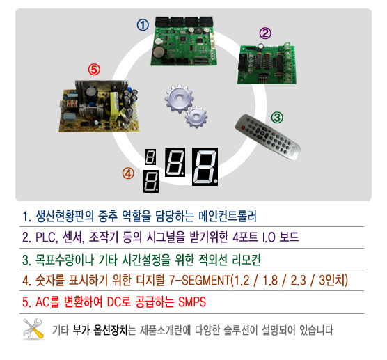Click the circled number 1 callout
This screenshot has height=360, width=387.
(143, 25)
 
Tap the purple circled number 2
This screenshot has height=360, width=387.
(265, 33)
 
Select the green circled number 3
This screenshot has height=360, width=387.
(277, 118)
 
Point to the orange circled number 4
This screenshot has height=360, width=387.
(128, 173)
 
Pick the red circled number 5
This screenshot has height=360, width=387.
(94, 70)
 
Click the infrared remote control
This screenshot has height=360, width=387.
(268, 136)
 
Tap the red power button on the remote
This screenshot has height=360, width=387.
(243, 127)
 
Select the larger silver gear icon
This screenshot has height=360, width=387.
(179, 98)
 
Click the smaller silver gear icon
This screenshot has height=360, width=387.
(196, 116)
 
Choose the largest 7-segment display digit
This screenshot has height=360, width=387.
(205, 166)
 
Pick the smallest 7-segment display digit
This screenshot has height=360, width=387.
(150, 157)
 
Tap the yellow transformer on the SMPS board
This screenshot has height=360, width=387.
(115, 106)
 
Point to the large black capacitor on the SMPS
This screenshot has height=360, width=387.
(91, 94)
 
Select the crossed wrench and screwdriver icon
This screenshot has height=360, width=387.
(33, 329)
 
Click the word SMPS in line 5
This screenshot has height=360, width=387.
(192, 302)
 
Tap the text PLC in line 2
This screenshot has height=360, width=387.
(47, 237)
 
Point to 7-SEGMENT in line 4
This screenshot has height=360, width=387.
(200, 280)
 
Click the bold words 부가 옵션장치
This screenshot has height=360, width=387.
(100, 330)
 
